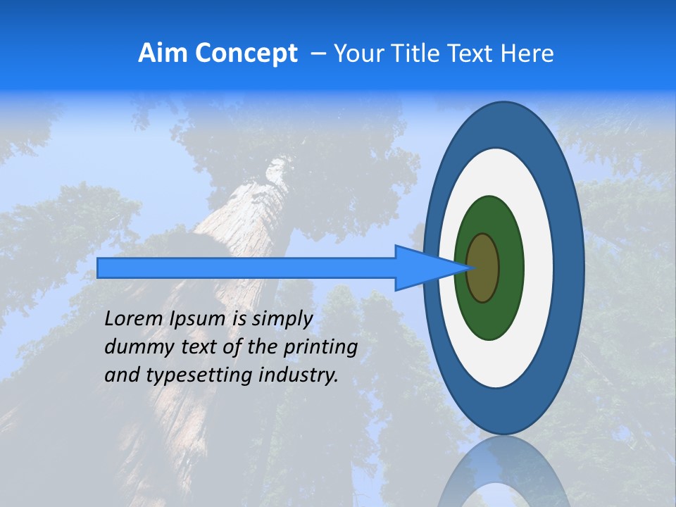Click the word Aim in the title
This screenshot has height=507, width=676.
pos(163,53)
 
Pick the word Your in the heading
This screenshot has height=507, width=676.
pos(357,53)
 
